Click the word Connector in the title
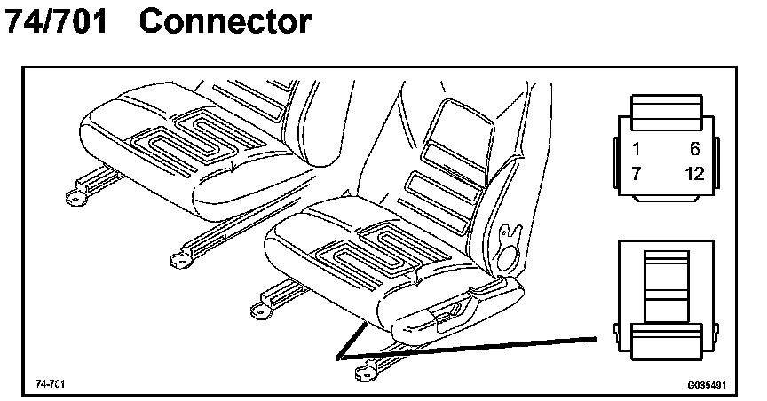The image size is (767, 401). point(225,21)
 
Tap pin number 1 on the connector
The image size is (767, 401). point(637,148)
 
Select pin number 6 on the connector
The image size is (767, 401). point(695,148)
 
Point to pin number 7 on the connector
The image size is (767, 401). point(637,174)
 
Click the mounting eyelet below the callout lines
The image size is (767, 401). point(362,373)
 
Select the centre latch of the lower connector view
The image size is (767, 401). point(666,284)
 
